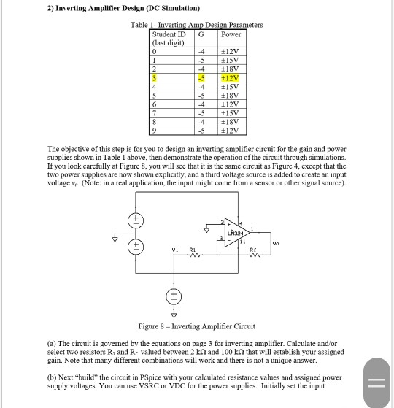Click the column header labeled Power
pos(231,34)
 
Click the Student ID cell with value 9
pos(167,131)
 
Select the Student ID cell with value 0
pos(167,50)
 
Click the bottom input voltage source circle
pos(173,297)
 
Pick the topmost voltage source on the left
pos(134,220)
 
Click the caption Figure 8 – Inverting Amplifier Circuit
pos(196,326)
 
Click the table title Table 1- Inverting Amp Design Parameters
pos(196,25)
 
